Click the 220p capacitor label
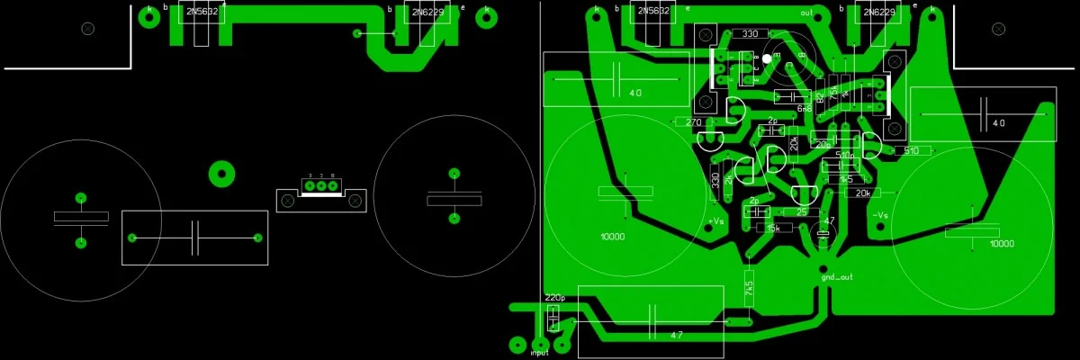pos(554,297)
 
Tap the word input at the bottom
pos(540,354)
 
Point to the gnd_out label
pos(836,277)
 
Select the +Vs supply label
pos(715,221)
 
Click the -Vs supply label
pos(881,215)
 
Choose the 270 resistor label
pos(693,122)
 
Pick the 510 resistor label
pos(911,151)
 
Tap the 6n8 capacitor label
pos(804,108)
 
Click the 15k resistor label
pos(772,229)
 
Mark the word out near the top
pos(805,13)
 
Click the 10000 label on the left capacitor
pos(612,237)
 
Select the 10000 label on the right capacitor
pos(1002,244)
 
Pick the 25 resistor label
pos(801,212)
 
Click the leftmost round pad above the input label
pos(517,344)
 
